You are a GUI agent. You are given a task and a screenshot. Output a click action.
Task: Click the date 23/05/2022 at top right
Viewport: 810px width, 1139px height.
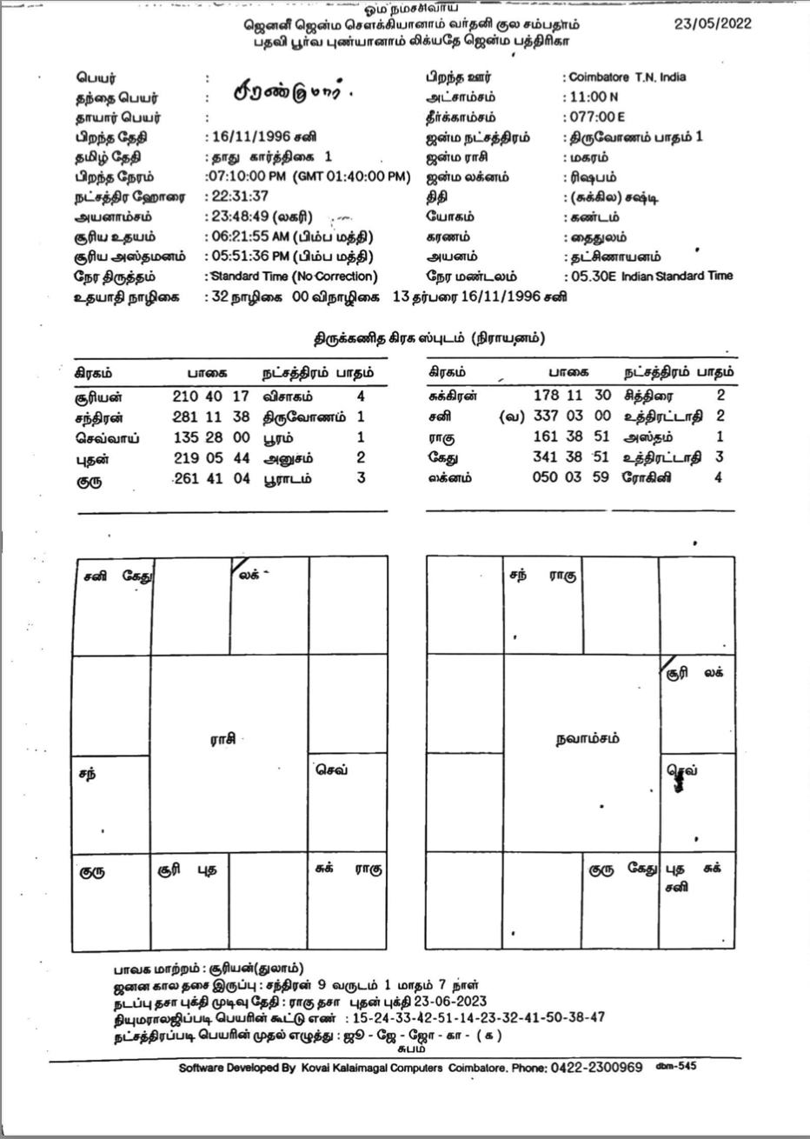[x=713, y=23]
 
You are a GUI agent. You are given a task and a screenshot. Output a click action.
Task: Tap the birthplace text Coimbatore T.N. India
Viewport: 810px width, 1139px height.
[x=627, y=77]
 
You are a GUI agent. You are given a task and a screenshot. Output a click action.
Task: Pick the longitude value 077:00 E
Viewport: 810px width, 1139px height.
[x=596, y=117]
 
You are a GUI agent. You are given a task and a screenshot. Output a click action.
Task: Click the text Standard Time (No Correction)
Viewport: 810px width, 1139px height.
[x=292, y=276]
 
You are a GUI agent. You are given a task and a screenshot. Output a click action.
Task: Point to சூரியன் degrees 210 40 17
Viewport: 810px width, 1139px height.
[x=211, y=396]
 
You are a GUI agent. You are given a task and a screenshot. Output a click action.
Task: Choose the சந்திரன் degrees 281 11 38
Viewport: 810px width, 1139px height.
[x=211, y=416]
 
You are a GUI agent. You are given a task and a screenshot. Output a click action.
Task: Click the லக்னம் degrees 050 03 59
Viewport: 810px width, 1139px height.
[x=572, y=477]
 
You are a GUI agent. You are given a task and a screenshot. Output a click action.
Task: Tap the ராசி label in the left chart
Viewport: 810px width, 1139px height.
[x=222, y=739]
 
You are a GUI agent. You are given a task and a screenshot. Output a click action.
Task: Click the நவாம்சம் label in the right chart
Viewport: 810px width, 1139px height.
[x=588, y=739]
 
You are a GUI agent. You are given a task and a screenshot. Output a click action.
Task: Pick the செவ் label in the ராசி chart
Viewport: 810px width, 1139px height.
[x=331, y=769]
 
